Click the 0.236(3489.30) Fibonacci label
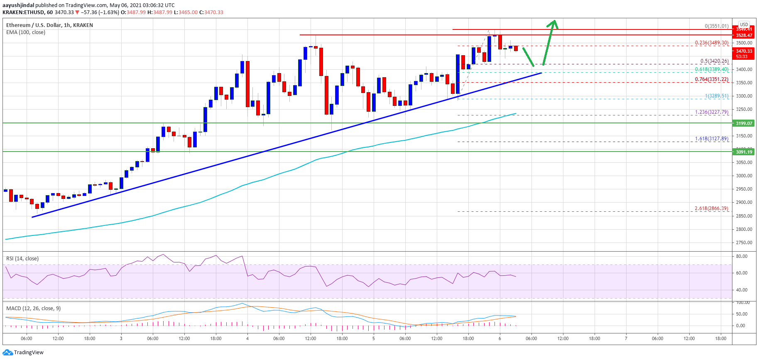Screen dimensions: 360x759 coord(711,43)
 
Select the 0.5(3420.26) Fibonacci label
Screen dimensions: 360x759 coord(714,61)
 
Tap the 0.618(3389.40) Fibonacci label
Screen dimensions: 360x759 coord(711,69)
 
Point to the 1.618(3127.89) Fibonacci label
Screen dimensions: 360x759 coord(711,139)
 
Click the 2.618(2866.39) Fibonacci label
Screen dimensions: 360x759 coord(711,208)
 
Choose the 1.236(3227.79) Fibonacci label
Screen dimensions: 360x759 coord(711,112)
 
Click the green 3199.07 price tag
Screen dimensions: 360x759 coord(744,123)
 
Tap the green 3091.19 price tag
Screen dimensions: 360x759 coord(744,152)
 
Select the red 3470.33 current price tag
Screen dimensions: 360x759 coord(744,51)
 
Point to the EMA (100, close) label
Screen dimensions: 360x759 coord(26,32)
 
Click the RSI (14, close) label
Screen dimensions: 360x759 coord(22,259)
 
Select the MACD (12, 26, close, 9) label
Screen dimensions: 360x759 coord(33,309)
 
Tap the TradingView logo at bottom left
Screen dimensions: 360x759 coord(23,353)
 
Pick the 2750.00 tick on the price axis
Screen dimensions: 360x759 coord(743,242)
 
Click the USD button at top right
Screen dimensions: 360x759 coord(744,24)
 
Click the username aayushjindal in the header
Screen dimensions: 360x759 coord(18,5)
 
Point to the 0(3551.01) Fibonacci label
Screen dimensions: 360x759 coord(716,26)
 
